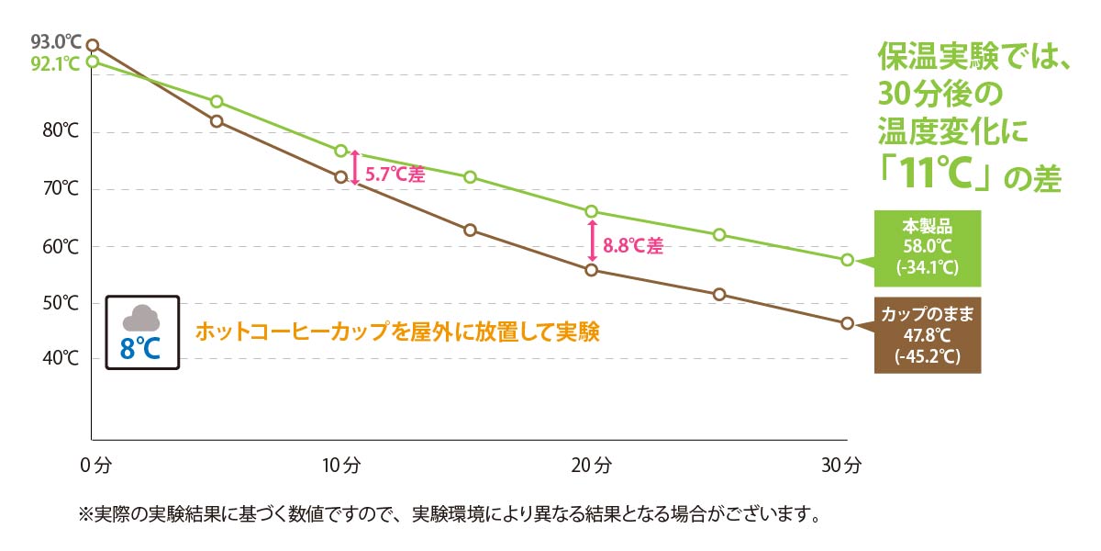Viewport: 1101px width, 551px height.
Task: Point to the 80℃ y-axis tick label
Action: (x=61, y=131)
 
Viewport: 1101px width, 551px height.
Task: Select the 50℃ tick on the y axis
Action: (x=61, y=304)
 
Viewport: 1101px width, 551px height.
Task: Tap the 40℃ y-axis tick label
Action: (x=61, y=359)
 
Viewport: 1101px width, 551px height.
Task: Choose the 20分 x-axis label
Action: (x=593, y=466)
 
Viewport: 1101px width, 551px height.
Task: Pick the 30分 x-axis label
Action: (x=841, y=466)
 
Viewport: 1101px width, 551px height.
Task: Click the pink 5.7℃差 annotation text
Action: (x=395, y=174)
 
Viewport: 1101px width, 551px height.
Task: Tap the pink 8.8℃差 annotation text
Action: (x=633, y=246)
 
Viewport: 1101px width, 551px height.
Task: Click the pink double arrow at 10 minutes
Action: (x=355, y=167)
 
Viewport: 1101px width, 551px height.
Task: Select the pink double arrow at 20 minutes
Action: (x=593, y=241)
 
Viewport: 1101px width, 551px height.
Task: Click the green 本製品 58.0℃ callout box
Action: (x=927, y=248)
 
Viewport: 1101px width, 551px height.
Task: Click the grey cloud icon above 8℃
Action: (x=141, y=319)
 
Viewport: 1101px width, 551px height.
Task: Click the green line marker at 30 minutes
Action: (x=847, y=260)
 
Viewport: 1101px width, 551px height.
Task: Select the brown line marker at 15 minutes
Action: (x=470, y=230)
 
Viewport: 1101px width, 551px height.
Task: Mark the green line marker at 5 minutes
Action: (x=217, y=101)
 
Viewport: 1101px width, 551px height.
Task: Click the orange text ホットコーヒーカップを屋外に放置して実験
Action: (x=397, y=332)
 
